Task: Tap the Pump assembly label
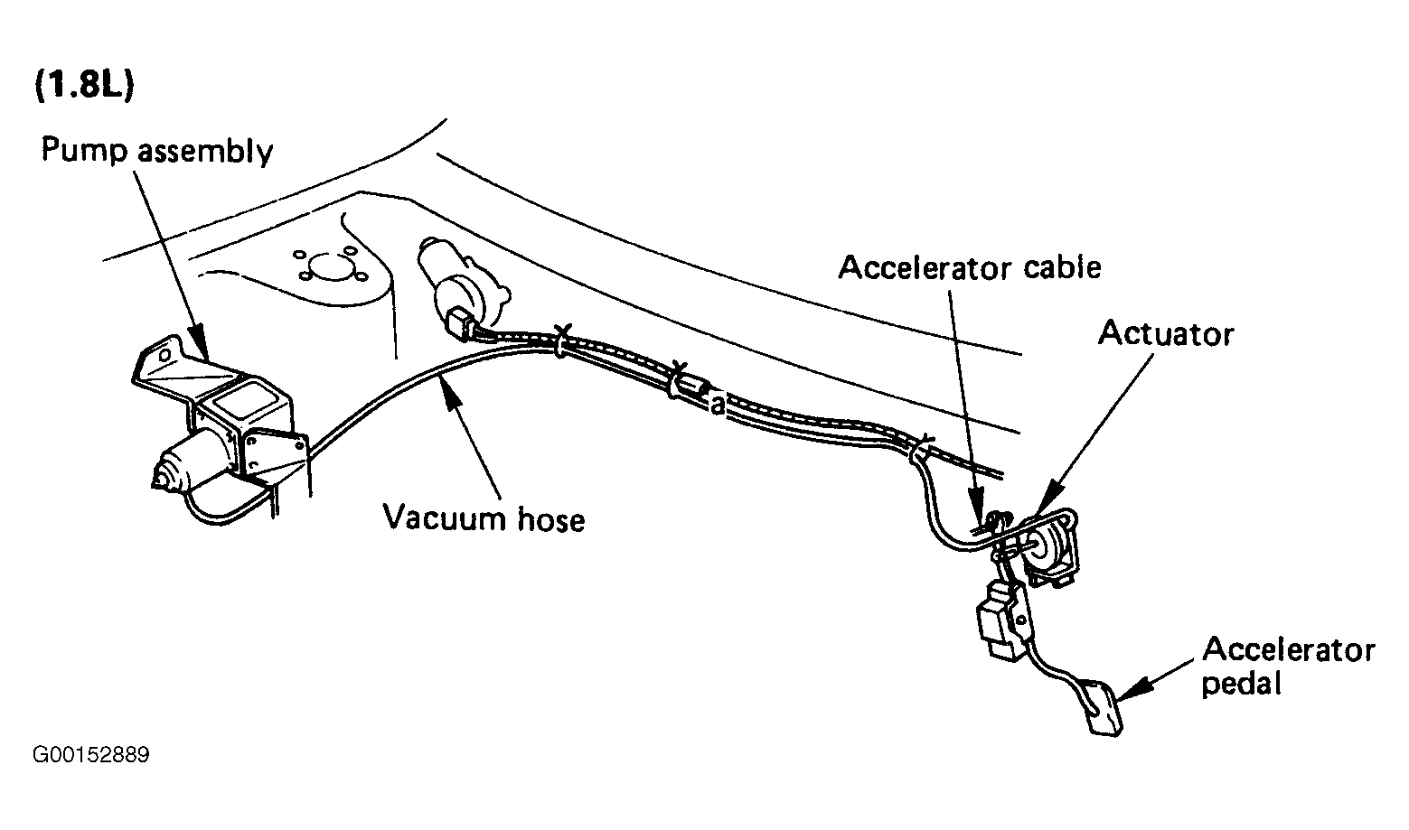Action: [157, 151]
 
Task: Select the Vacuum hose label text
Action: [484, 518]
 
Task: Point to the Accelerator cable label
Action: [970, 267]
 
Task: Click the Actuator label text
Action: [1166, 333]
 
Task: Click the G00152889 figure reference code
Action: [91, 754]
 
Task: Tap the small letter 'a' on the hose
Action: [717, 406]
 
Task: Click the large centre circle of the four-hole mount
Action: [331, 267]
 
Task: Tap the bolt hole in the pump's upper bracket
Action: [164, 355]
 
